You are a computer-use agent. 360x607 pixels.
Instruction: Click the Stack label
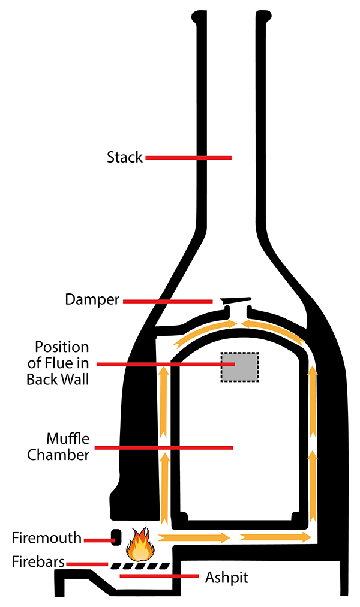(x=125, y=158)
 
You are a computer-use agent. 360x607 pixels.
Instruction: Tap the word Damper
(x=92, y=299)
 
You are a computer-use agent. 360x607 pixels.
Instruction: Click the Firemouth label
(x=46, y=538)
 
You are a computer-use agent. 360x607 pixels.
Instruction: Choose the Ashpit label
(x=227, y=578)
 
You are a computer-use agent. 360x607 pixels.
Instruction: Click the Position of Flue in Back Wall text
(x=62, y=363)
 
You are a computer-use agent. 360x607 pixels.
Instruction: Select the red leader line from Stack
(x=188, y=158)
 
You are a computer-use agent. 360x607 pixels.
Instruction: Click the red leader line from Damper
(x=167, y=301)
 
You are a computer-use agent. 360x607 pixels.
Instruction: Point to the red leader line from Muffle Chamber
(x=164, y=447)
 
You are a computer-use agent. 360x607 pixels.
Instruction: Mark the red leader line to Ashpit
(x=158, y=577)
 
